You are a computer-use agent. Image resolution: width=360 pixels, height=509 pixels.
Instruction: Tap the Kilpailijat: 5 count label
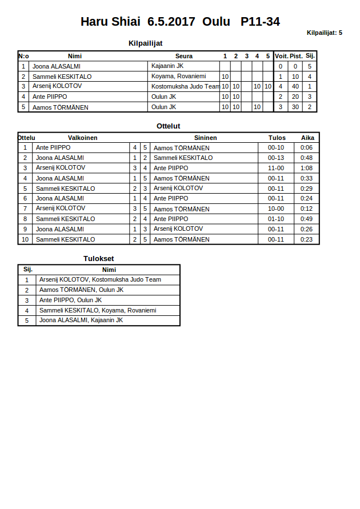coord(324,33)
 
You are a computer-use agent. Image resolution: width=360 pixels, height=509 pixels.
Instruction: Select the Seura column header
coord(183,56)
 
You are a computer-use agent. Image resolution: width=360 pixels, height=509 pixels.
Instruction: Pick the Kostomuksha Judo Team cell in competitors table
coord(185,87)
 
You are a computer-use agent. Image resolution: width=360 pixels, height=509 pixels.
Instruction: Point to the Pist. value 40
coord(295,87)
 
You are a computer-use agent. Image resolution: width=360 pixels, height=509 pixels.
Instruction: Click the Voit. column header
coord(281,56)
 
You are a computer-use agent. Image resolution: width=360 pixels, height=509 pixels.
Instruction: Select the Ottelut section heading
coord(168,126)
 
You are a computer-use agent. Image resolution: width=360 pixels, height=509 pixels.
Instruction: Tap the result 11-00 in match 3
coord(276,168)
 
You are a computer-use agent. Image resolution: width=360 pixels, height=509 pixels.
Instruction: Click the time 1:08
coord(307,168)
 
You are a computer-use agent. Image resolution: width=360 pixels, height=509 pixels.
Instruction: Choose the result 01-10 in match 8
coord(276,219)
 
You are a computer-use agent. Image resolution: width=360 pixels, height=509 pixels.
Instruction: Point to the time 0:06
coord(307,148)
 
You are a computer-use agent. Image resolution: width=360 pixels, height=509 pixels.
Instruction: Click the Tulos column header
coord(277,138)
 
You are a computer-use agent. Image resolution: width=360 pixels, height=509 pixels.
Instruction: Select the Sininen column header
coord(205,138)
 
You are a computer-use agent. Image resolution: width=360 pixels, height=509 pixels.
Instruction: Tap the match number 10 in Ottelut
coord(25,239)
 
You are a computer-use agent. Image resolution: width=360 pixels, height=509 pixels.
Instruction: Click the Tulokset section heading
coord(98,259)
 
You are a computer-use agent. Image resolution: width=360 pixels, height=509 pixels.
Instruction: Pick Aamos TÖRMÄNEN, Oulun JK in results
coord(81,290)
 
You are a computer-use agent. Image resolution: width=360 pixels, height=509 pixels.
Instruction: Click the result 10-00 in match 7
coord(276,209)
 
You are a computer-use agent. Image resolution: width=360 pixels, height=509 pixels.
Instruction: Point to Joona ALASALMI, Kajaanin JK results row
coord(81,320)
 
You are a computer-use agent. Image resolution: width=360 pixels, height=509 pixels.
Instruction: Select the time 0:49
coord(307,219)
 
